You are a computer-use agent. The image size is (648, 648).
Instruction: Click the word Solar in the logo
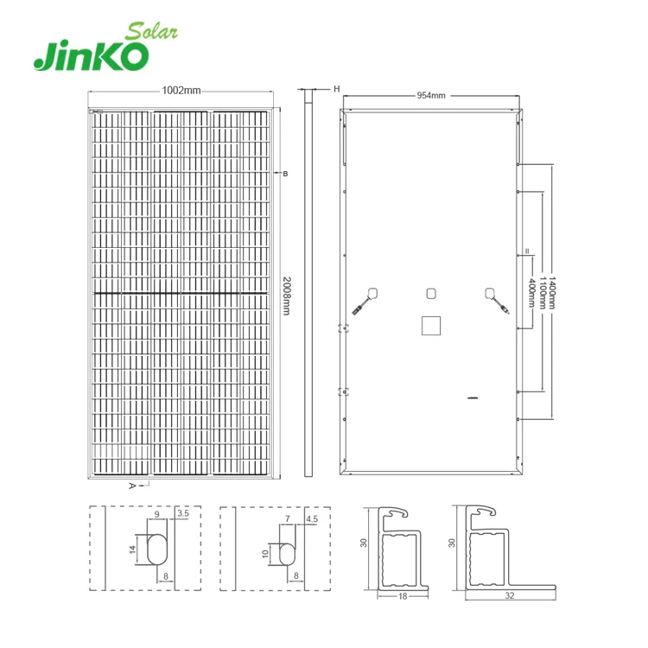152,31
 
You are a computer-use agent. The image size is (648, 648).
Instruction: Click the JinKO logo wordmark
92,56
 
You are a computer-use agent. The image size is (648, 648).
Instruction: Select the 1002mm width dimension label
181,90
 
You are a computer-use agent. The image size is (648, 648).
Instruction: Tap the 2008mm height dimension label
286,295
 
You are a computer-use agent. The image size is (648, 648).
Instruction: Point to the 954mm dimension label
431,95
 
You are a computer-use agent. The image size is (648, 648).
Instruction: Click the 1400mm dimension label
552,293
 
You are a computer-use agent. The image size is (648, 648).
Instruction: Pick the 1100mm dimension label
543,293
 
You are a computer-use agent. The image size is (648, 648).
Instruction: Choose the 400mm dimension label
532,293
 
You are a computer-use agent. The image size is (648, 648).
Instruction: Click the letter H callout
336,89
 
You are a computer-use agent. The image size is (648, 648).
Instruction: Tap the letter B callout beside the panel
285,174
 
